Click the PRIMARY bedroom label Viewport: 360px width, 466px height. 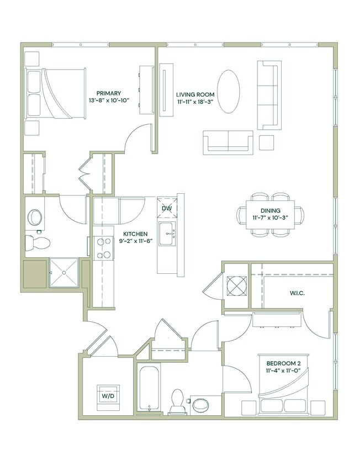pyautogui.click(x=108, y=93)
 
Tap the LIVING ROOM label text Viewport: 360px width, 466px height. pyautogui.click(x=195, y=94)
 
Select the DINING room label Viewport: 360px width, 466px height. pyautogui.click(x=271, y=210)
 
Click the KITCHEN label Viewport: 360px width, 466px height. pyautogui.click(x=134, y=234)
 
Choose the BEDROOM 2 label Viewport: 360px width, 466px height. pyautogui.click(x=283, y=363)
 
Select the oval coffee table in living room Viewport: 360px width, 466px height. pyautogui.click(x=228, y=92)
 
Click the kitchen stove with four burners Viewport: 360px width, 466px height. pyautogui.click(x=104, y=248)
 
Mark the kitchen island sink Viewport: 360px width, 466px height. pyautogui.click(x=167, y=234)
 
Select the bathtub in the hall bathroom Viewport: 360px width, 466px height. pyautogui.click(x=149, y=389)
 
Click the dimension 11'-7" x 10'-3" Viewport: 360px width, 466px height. pyautogui.click(x=271, y=218)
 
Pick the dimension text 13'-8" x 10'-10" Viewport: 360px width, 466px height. pyautogui.click(x=108, y=101)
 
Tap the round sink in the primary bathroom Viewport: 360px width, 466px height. pyautogui.click(x=34, y=217)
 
